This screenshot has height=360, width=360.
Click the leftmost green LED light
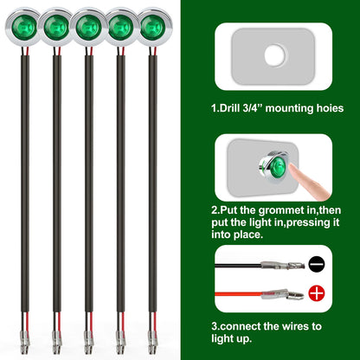click(25, 28)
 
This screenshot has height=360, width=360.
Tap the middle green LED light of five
click(89, 28)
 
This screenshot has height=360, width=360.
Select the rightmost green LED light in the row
click(153, 28)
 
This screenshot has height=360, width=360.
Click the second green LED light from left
click(57, 28)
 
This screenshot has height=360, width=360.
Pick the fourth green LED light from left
click(121, 28)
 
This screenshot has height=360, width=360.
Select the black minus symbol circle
click(317, 264)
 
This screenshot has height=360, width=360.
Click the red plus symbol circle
click(317, 293)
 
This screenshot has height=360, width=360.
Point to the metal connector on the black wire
click(282, 265)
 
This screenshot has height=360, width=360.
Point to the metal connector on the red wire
click(283, 294)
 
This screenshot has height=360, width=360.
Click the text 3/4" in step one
click(253, 108)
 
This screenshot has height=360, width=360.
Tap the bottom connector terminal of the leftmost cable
click(24, 342)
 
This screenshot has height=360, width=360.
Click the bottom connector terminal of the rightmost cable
click(152, 342)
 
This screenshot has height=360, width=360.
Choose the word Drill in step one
click(229, 108)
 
